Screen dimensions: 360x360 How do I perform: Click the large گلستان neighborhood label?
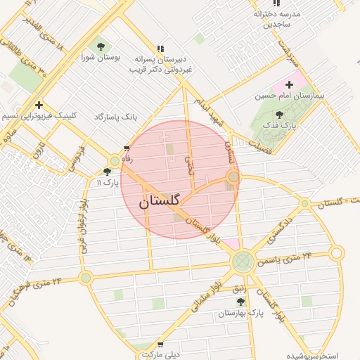(x=158, y=201)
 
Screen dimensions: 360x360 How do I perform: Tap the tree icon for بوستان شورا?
(x=101, y=46)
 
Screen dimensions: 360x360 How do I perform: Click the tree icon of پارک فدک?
(x=280, y=115)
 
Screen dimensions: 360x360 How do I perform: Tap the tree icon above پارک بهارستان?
(x=240, y=301)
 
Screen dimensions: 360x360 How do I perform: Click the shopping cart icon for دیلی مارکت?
(x=160, y=345)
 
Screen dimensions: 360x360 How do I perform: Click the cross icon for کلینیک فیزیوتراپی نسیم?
(x=39, y=105)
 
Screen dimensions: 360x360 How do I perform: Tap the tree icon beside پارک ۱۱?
(x=107, y=172)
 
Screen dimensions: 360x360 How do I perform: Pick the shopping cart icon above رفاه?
(x=127, y=148)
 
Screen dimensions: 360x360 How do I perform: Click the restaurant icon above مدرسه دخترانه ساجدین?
(x=276, y=4)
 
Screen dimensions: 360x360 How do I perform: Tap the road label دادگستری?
(x=272, y=233)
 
